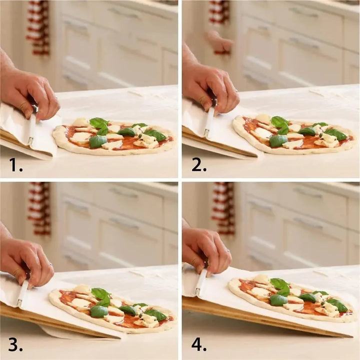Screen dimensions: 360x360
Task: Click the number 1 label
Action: click(x=15, y=164)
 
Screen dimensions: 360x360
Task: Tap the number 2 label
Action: click(x=198, y=164)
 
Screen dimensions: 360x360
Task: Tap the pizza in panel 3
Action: click(x=111, y=309)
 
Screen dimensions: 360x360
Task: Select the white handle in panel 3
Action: click(x=23, y=293)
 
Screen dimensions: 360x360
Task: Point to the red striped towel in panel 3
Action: click(x=38, y=207)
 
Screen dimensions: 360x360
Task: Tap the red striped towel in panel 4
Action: click(x=222, y=207)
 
